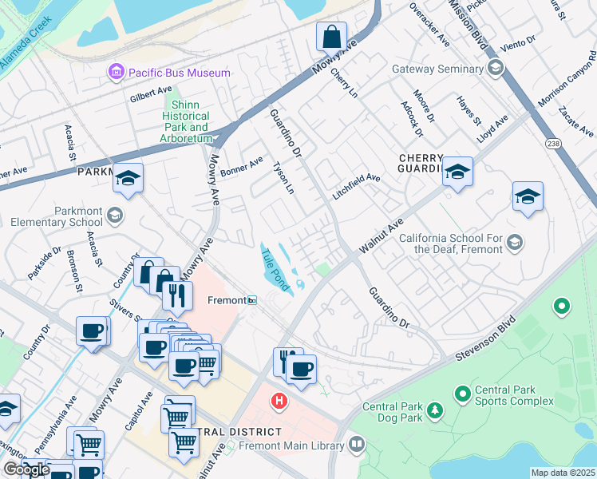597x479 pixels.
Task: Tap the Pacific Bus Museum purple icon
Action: (x=117, y=73)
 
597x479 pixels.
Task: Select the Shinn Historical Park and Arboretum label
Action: (x=186, y=117)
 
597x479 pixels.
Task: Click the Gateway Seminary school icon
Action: (x=496, y=69)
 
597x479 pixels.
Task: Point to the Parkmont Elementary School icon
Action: (x=115, y=215)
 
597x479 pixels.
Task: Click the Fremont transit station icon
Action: (x=252, y=300)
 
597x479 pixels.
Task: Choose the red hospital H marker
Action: (x=279, y=399)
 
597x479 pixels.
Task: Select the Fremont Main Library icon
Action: (x=356, y=443)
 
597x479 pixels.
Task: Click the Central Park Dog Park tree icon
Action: (x=435, y=410)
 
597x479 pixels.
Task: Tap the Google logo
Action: (x=26, y=469)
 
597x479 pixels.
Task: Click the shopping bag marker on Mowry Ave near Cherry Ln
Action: (x=331, y=37)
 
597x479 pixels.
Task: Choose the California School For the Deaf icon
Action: (x=515, y=243)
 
